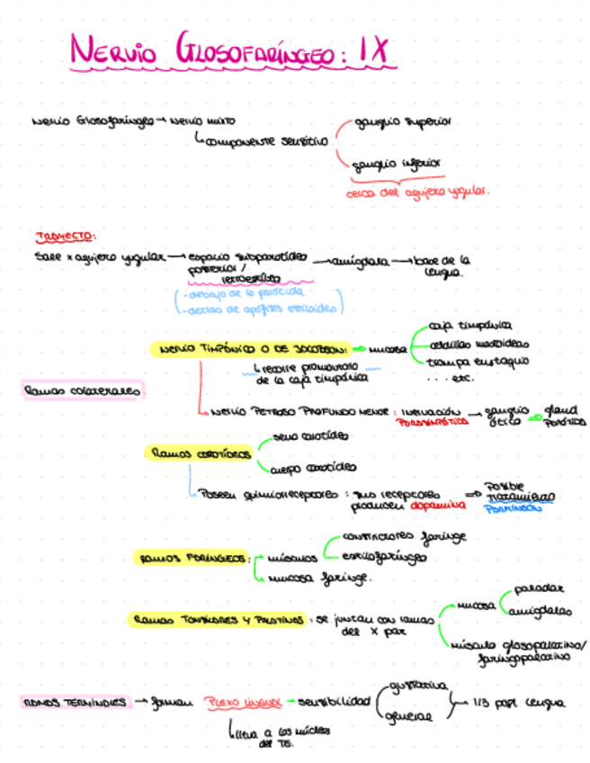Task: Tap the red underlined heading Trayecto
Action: (65, 237)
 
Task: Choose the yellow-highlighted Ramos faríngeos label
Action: (192, 559)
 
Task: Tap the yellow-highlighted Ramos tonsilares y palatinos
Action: (218, 619)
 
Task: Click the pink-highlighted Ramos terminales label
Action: (74, 701)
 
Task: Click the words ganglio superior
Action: (403, 121)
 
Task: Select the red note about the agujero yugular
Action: (418, 192)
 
